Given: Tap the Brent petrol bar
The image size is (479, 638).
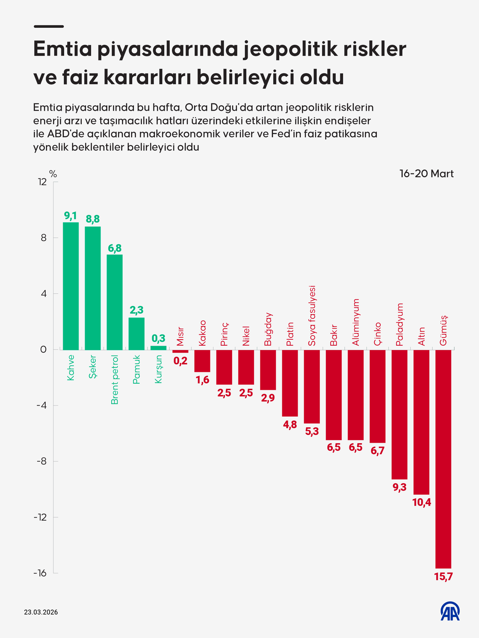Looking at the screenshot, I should click(114, 302).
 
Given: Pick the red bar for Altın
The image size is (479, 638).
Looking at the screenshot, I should click(421, 422).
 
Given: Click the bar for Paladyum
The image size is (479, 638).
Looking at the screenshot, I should click(399, 414).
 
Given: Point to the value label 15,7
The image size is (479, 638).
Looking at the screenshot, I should click(443, 576).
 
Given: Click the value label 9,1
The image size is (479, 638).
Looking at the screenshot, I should click(71, 216).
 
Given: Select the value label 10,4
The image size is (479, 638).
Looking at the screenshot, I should click(421, 503).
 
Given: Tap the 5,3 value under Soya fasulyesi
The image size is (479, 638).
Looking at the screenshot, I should click(312, 431).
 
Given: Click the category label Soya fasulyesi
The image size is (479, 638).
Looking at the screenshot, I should click(312, 316).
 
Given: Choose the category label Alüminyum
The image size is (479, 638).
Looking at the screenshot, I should click(356, 322).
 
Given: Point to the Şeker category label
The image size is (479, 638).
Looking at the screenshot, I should click(93, 367).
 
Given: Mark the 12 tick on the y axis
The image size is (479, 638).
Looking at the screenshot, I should click(42, 182).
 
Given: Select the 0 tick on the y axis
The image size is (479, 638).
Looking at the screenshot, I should click(43, 350).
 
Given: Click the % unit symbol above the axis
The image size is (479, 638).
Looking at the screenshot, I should click(53, 174).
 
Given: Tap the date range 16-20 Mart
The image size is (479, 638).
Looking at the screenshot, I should click(426, 173).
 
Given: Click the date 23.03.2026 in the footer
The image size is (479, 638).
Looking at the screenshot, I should click(41, 612).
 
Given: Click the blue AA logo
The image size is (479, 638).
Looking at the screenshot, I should click(450, 612).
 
